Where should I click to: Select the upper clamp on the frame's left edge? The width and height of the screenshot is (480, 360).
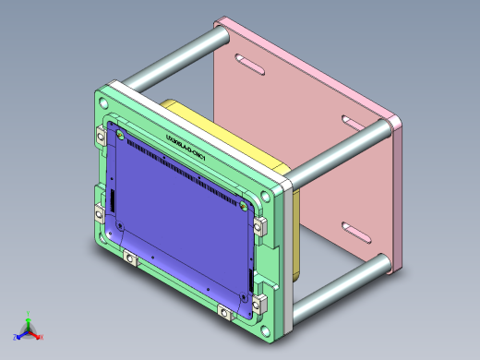[102, 135]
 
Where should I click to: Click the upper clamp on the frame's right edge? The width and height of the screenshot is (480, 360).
[260, 224]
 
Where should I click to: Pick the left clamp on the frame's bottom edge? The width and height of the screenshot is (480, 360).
[130, 258]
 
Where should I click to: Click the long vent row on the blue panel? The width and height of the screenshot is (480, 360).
[185, 165]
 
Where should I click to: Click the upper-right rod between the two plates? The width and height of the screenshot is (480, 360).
[342, 148]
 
